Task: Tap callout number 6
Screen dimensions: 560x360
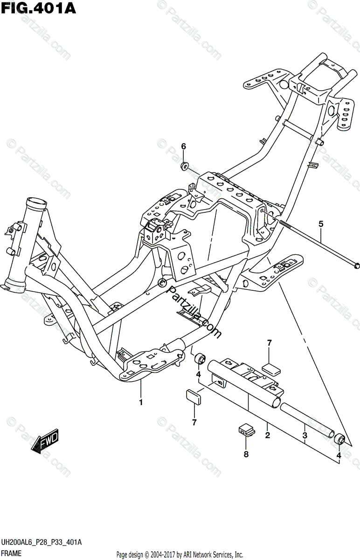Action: pos(184,147)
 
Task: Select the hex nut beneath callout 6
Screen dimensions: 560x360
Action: pos(185,165)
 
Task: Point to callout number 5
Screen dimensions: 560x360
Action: pos(321,224)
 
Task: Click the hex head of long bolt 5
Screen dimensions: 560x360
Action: pos(355,265)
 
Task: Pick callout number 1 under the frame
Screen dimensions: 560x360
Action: pos(140,402)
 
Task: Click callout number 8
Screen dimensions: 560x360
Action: pos(246,454)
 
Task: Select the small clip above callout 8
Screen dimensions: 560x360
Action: pos(245,429)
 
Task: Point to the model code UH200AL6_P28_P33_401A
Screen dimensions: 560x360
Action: pos(42,542)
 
